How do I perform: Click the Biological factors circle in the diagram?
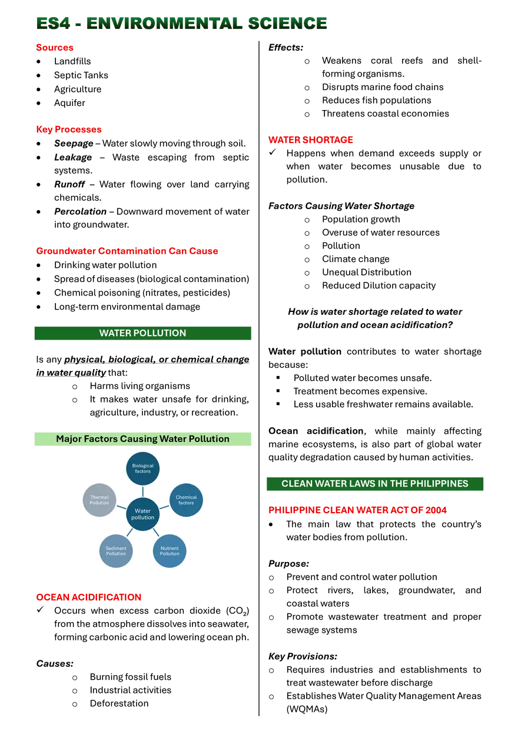[142, 468]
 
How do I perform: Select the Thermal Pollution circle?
[99, 500]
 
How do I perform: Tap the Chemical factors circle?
[186, 500]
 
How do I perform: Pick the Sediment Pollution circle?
[116, 551]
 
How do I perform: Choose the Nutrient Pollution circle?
[170, 551]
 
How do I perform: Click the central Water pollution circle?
[142, 514]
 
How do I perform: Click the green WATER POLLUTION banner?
[143, 333]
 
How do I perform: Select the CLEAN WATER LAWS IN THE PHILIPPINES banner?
[375, 484]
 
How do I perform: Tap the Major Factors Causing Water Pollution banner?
[143, 439]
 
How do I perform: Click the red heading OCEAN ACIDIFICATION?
[89, 597]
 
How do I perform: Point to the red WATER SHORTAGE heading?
[310, 139]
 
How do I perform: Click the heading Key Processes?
[69, 129]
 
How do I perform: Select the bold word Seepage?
[74, 144]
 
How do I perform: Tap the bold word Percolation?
[80, 211]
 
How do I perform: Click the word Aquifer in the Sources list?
[69, 103]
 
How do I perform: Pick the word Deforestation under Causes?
[119, 703]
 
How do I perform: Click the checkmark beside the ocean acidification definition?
[40, 609]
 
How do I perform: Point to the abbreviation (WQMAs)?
[307, 709]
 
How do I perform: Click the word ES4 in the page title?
[53, 24]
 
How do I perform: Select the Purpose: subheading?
[288, 564]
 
